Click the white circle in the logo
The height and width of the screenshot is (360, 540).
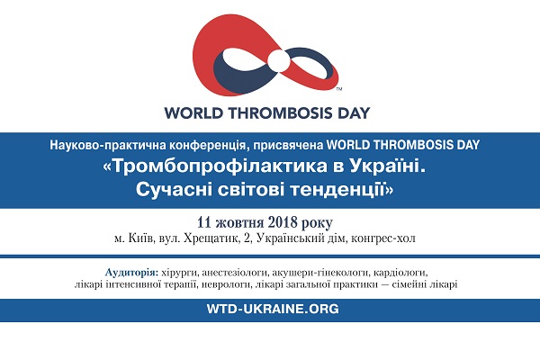279,61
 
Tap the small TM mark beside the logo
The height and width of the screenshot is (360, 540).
339,89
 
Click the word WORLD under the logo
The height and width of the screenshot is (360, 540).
193,113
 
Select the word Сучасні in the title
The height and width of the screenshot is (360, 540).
174,189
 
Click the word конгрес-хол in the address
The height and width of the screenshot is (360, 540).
383,238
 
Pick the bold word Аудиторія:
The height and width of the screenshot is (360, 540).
132,272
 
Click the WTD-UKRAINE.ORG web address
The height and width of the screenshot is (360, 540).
273,309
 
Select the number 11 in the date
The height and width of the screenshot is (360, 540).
204,222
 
